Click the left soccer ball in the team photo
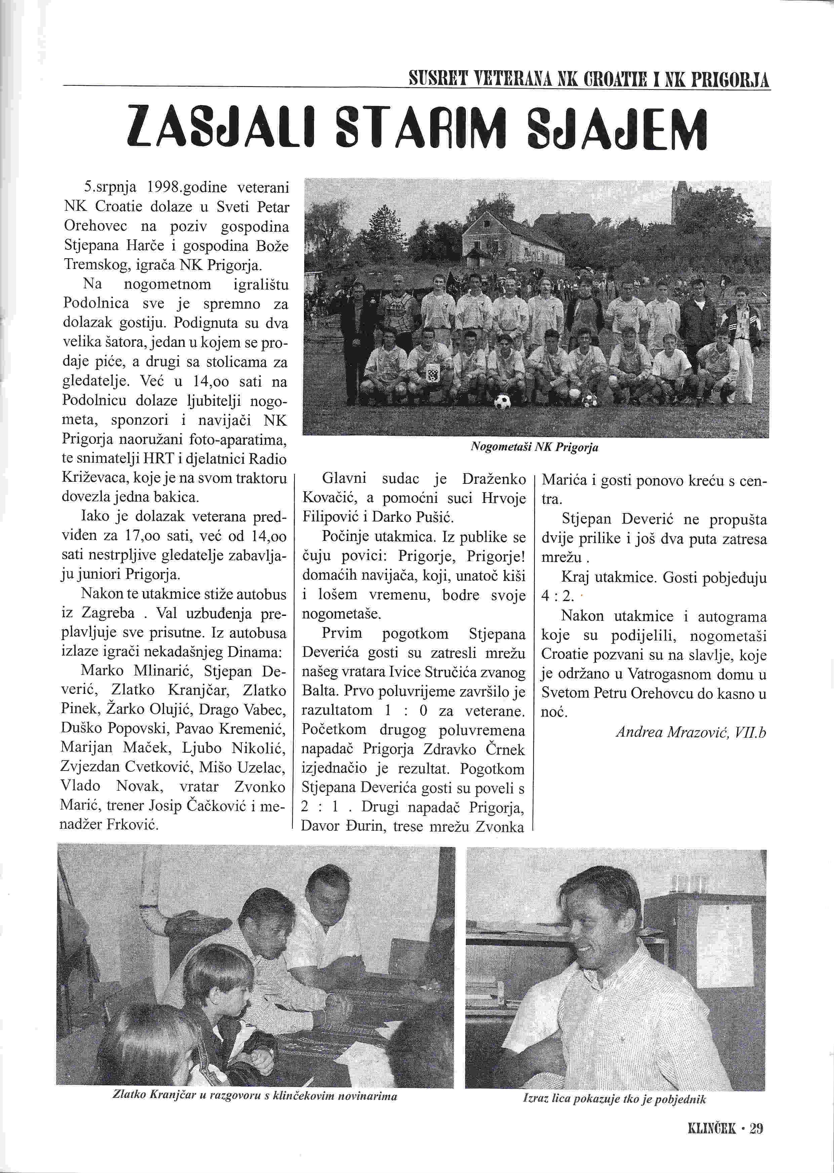point(502,402)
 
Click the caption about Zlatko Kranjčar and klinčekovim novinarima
point(255,1096)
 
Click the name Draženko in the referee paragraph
point(494,479)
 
